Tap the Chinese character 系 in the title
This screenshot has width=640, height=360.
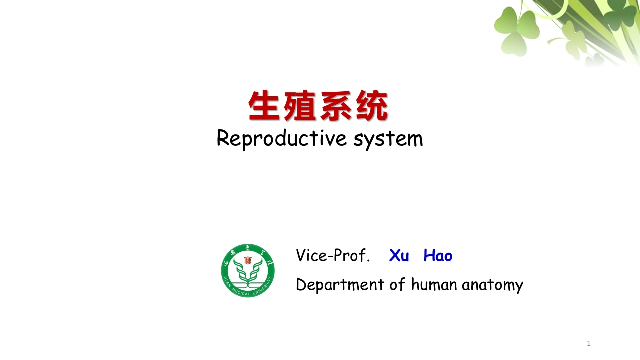[x=336, y=106]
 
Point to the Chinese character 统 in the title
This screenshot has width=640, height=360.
[x=372, y=106]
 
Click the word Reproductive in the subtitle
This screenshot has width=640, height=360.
[x=282, y=138]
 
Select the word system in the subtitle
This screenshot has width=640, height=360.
[x=388, y=139]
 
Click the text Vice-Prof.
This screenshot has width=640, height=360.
[x=333, y=255]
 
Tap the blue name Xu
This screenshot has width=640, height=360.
[x=399, y=256]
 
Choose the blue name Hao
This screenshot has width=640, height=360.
[x=438, y=256]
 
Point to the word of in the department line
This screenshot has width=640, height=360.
[x=398, y=284]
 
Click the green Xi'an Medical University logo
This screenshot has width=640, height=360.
[x=248, y=271]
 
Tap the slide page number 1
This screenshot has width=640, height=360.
[x=589, y=343]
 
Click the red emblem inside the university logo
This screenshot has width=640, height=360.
[x=248, y=260]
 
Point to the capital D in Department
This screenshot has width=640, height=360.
[x=300, y=284]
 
